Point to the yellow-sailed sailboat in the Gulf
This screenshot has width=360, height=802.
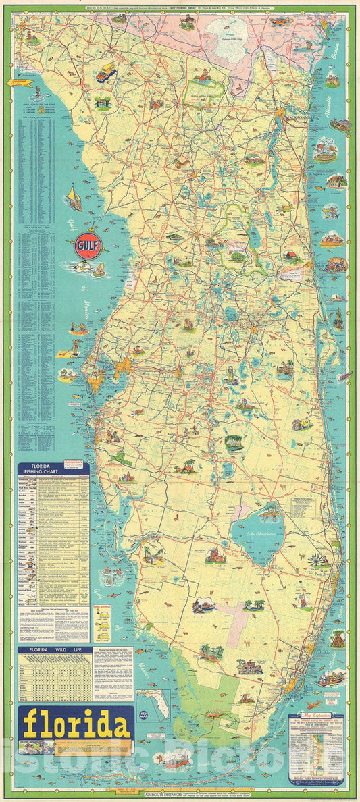click(x=73, y=198)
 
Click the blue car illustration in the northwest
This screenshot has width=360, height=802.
click(x=106, y=72)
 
